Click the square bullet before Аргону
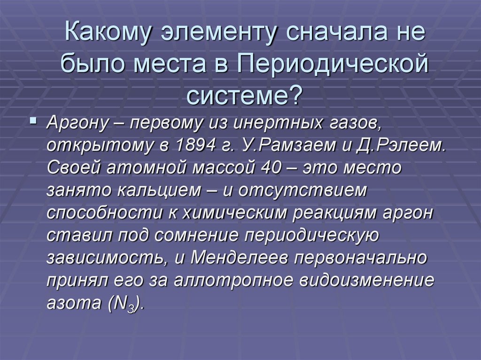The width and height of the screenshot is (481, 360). (32, 122)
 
